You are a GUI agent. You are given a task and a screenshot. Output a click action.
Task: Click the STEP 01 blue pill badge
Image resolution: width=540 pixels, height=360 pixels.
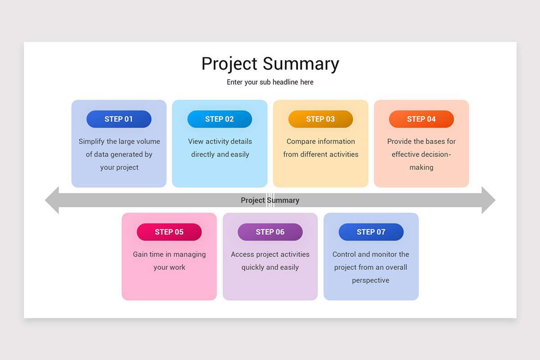(x=119, y=119)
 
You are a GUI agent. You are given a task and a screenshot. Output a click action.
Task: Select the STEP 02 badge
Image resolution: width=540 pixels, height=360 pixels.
(x=220, y=119)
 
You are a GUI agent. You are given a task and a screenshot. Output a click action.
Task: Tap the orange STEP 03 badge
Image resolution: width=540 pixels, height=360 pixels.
(x=320, y=119)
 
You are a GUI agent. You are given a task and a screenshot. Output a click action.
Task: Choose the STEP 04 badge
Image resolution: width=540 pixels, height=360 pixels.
(x=421, y=119)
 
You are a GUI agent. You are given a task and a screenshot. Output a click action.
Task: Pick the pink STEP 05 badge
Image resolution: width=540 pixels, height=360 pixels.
(x=169, y=232)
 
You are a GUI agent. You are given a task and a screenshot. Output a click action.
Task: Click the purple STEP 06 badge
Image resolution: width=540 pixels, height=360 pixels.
(x=270, y=232)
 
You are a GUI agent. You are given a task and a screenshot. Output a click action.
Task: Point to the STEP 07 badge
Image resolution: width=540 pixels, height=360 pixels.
(x=371, y=232)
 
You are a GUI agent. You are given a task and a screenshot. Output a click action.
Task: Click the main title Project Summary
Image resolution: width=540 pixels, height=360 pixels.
(x=270, y=64)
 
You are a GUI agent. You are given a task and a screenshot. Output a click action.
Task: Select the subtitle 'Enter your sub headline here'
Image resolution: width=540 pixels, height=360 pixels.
(x=270, y=82)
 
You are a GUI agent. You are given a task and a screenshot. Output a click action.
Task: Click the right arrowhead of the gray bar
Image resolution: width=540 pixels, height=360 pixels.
(x=488, y=200)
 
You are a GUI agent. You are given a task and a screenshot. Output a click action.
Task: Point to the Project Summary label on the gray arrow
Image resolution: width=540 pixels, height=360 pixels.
(x=270, y=200)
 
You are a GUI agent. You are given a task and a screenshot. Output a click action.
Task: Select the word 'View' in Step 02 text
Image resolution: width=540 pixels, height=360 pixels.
(x=196, y=141)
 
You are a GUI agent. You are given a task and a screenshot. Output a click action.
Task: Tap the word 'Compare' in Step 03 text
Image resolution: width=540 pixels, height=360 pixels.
(x=301, y=141)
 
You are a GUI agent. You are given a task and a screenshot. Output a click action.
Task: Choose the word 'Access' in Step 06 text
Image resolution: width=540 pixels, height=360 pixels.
(x=243, y=254)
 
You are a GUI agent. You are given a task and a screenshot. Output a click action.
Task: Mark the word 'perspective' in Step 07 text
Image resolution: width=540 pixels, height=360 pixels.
(x=371, y=280)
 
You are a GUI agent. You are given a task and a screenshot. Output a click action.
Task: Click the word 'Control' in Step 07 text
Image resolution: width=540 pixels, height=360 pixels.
(x=344, y=254)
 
